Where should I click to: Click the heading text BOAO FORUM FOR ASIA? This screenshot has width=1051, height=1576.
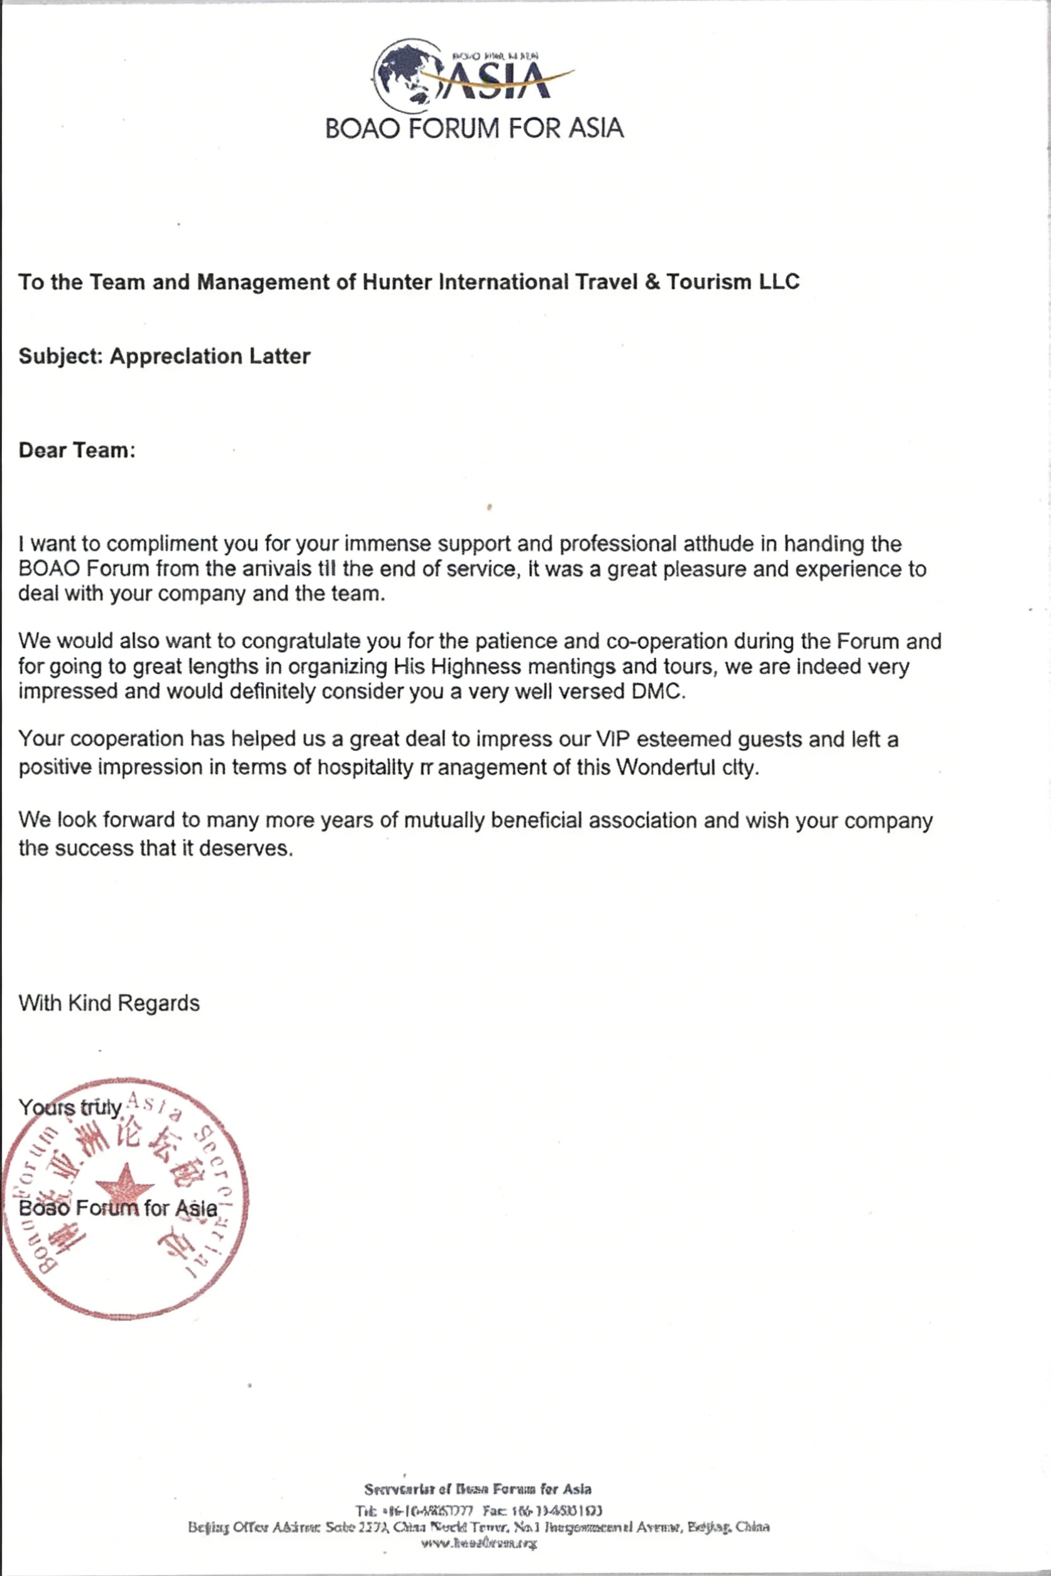click(x=474, y=128)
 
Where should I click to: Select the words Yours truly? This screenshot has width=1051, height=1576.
click(x=70, y=1108)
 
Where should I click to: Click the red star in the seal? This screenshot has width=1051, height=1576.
click(x=124, y=1183)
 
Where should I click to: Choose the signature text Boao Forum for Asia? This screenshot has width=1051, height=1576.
click(x=118, y=1208)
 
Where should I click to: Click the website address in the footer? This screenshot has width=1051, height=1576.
click(x=478, y=1543)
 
